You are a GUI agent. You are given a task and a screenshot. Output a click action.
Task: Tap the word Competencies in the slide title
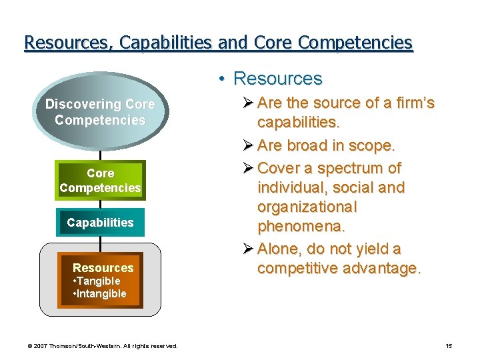[355, 43]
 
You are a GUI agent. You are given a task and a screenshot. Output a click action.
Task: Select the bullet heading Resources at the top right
[278, 79]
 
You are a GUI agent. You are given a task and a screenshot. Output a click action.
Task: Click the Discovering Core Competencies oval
[100, 112]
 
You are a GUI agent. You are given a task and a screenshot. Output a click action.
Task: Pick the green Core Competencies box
[100, 181]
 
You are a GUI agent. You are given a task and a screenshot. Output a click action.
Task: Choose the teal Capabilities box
[100, 223]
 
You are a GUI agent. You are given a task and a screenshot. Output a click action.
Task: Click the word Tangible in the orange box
[99, 281]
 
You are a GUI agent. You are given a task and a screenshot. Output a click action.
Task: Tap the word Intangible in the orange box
[101, 294]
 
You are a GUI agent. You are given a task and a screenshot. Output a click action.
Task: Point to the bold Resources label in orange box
[103, 267]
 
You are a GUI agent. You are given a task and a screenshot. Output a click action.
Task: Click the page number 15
[449, 346]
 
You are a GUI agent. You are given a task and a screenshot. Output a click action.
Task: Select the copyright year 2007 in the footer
[41, 346]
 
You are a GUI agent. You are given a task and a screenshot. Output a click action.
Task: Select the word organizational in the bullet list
[307, 207]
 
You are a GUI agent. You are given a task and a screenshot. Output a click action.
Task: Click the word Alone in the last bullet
[280, 249]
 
